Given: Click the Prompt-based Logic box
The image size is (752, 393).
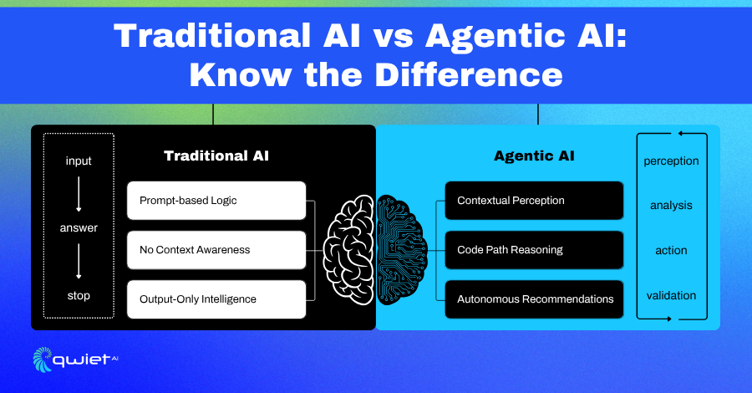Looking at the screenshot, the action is [216, 201].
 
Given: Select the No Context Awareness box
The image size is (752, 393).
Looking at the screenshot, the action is [216, 250].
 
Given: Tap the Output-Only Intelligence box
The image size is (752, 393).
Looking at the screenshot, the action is [216, 299].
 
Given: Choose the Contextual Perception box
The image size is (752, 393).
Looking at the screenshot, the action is [534, 201].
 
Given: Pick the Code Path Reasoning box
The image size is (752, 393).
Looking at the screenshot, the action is [534, 250].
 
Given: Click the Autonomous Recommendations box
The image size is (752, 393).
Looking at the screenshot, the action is [534, 299].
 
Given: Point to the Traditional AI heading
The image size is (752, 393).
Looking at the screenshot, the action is [216, 156].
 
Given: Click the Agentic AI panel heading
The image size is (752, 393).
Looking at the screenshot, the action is [534, 156].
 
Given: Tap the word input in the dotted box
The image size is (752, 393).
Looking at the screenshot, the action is [79, 161].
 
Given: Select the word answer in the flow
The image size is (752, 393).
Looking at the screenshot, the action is [79, 228].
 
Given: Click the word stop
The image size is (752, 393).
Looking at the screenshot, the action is [79, 296].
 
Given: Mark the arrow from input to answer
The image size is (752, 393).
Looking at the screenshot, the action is [79, 194].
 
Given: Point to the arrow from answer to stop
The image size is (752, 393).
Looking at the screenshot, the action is [79, 262].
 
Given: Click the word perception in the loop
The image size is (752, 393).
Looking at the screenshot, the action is [671, 161].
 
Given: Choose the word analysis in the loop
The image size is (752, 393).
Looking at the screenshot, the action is [671, 206].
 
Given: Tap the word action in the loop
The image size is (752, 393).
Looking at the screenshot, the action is [671, 251].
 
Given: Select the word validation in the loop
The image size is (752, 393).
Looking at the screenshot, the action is [671, 296].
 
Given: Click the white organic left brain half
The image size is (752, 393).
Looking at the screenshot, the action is [349, 250].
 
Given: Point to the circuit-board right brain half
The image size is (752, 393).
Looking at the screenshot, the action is [400, 250].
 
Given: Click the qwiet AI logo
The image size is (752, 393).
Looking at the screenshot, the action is [75, 360].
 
